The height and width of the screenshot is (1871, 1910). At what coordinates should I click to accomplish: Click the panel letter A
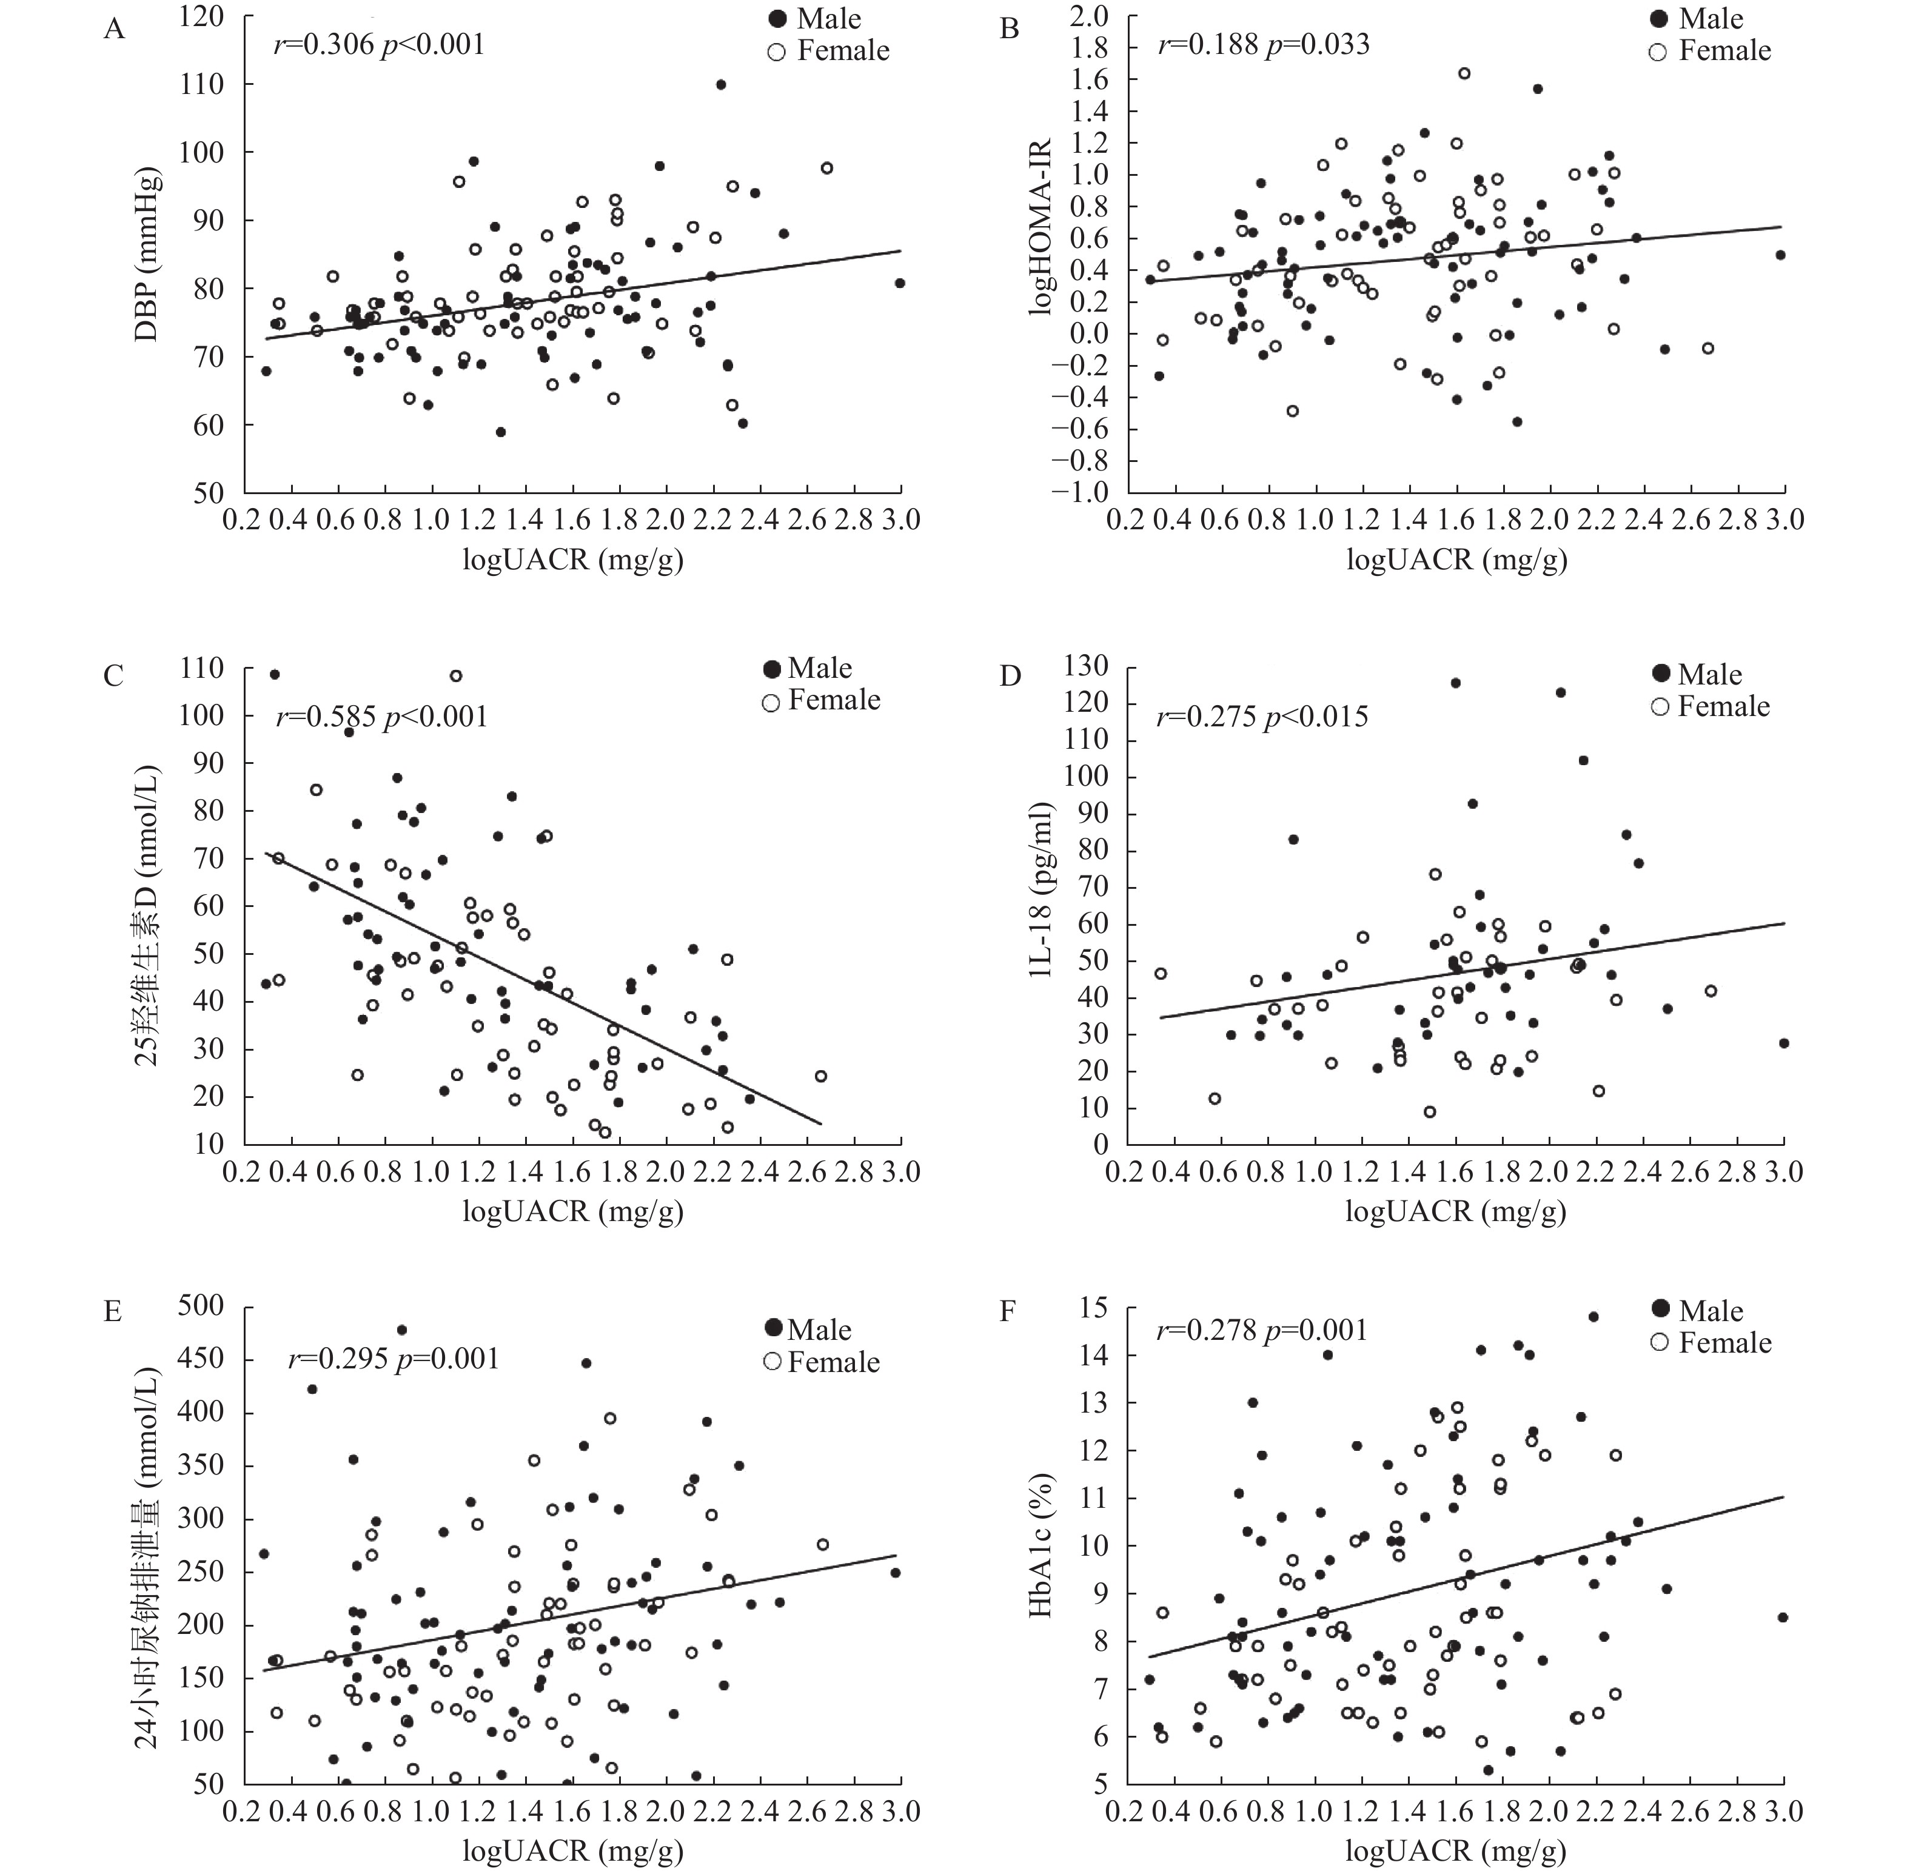pos(115,30)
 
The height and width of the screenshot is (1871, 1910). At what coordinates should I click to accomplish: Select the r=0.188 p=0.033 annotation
pos(1263,44)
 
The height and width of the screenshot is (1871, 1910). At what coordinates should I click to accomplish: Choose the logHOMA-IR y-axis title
pos(1040,226)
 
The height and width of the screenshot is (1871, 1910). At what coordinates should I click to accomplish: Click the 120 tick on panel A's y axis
pos(201,18)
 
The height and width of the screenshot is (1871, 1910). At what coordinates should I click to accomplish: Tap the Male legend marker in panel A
pos(777,19)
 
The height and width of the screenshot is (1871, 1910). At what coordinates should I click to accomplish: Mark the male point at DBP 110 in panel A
pos(720,84)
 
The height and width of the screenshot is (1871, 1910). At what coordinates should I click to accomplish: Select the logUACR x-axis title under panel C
pos(572,1211)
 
